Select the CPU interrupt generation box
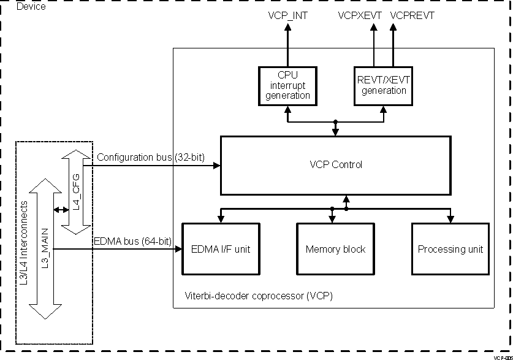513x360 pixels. (287, 85)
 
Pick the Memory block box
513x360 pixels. (335, 249)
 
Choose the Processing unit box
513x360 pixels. (450, 249)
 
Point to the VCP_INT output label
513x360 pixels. (288, 16)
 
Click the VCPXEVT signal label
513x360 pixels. (360, 16)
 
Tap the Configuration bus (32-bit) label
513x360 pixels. (151, 157)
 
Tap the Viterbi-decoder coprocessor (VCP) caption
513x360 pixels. (259, 296)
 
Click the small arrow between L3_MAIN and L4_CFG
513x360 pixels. (60, 210)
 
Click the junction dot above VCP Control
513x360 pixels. (335, 122)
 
